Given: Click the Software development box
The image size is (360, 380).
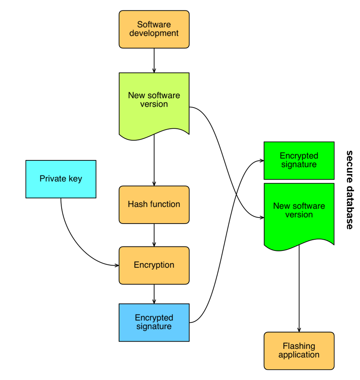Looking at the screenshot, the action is click(154, 29).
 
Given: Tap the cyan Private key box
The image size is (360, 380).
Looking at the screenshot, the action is click(61, 179).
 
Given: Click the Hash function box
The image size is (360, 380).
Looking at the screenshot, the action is click(154, 205).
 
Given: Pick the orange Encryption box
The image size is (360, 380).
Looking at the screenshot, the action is click(154, 265).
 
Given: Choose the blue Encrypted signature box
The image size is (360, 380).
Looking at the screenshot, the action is click(154, 322).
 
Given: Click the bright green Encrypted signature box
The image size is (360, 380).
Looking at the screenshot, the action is click(299, 160).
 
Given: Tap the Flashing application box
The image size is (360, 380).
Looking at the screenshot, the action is click(299, 351).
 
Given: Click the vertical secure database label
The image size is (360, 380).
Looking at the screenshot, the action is click(349, 190).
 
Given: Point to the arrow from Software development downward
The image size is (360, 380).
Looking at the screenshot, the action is click(154, 60).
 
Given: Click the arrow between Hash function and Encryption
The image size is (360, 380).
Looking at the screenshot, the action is click(154, 235).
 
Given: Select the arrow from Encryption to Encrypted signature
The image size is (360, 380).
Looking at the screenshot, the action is click(154, 294).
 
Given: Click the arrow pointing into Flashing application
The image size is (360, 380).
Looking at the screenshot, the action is click(299, 288).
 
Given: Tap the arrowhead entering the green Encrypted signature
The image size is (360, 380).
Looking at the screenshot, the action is click(262, 160).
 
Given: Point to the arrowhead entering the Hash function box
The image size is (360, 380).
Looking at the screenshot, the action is click(154, 184).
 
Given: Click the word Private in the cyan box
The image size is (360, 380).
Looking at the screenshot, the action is click(53, 179).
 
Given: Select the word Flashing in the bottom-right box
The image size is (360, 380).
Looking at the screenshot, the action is click(299, 346).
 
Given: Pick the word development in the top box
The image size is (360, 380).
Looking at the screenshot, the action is click(154, 33).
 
